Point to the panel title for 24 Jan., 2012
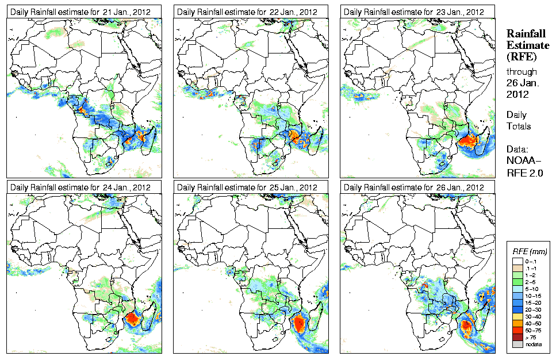coord(81,187)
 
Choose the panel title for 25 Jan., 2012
coord(248,187)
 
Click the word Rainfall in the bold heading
coord(526,34)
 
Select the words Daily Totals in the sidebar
coord(519,120)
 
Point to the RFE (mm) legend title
coord(530,251)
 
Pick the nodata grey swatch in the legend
coord(517,344)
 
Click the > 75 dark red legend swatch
coord(517,337)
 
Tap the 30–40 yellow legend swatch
coord(517,316)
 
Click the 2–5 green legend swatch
coord(517,282)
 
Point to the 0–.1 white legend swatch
coord(517,261)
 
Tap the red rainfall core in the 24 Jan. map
coord(134,318)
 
